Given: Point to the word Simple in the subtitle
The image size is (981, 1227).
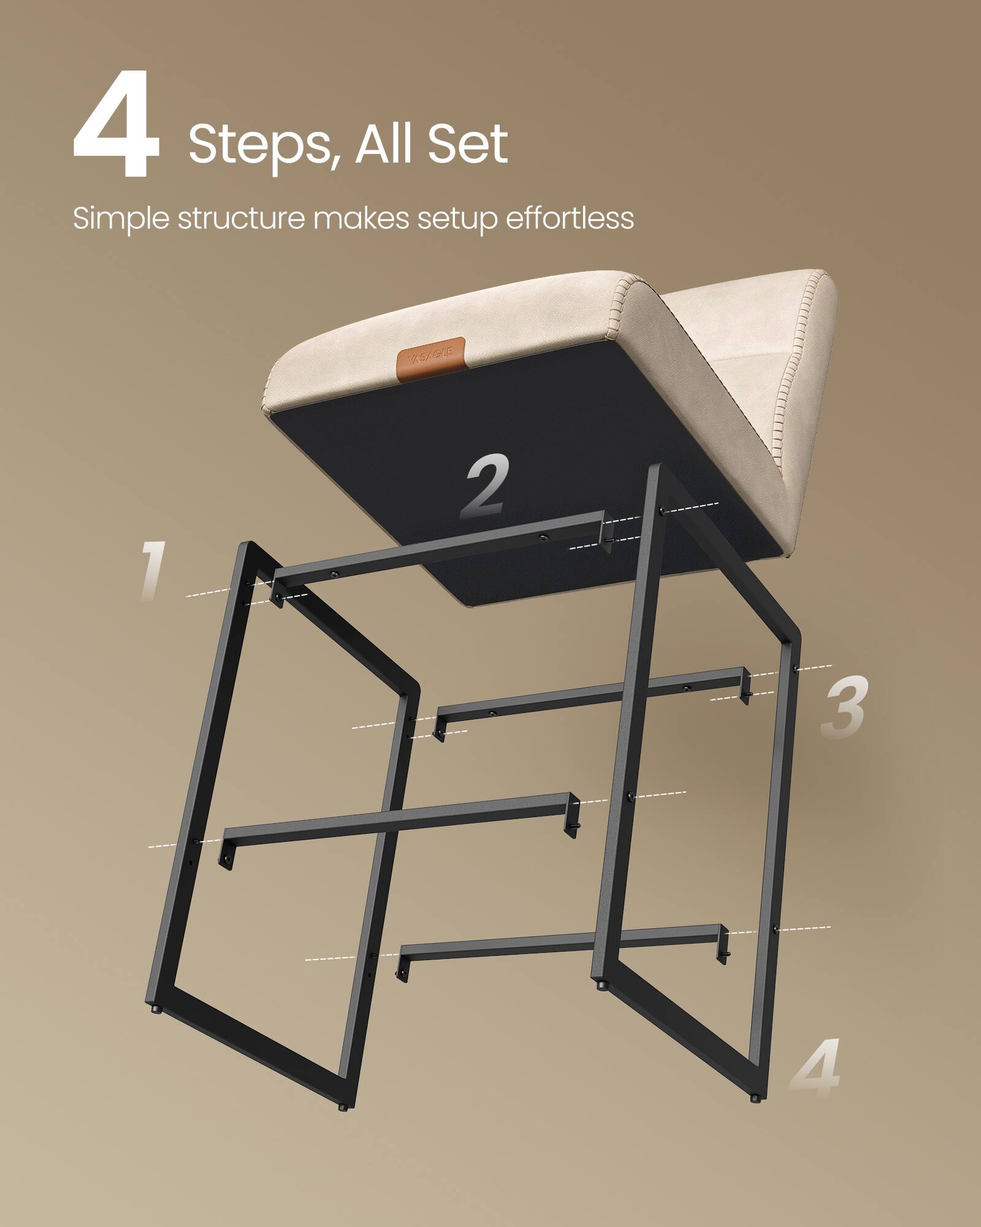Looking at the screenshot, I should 120,219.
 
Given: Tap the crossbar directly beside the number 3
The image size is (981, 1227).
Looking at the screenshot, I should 589,694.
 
